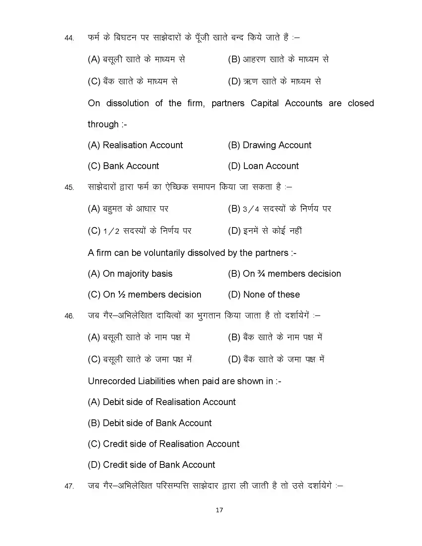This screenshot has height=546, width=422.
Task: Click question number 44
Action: click(69, 38)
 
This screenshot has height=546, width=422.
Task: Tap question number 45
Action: click(69, 187)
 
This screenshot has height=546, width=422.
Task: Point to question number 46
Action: click(69, 316)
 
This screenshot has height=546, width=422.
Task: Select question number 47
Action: click(69, 486)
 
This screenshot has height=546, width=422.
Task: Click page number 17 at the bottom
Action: click(219, 510)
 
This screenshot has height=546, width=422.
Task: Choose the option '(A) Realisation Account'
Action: click(135, 145)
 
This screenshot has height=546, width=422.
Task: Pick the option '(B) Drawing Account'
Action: click(270, 145)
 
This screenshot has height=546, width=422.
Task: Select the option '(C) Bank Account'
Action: click(123, 166)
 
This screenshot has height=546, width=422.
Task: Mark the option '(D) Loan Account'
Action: click(263, 166)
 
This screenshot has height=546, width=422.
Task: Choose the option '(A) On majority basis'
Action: click(130, 274)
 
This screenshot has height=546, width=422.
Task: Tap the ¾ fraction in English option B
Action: click(261, 274)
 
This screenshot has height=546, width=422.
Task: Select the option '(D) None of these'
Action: click(264, 295)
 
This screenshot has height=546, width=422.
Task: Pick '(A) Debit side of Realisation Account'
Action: click(162, 402)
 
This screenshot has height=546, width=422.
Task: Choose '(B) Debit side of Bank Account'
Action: click(149, 423)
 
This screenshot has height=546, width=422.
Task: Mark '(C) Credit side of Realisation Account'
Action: click(164, 444)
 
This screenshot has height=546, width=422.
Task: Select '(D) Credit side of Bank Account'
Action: click(151, 465)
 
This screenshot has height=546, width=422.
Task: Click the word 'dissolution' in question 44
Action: click(128, 103)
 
